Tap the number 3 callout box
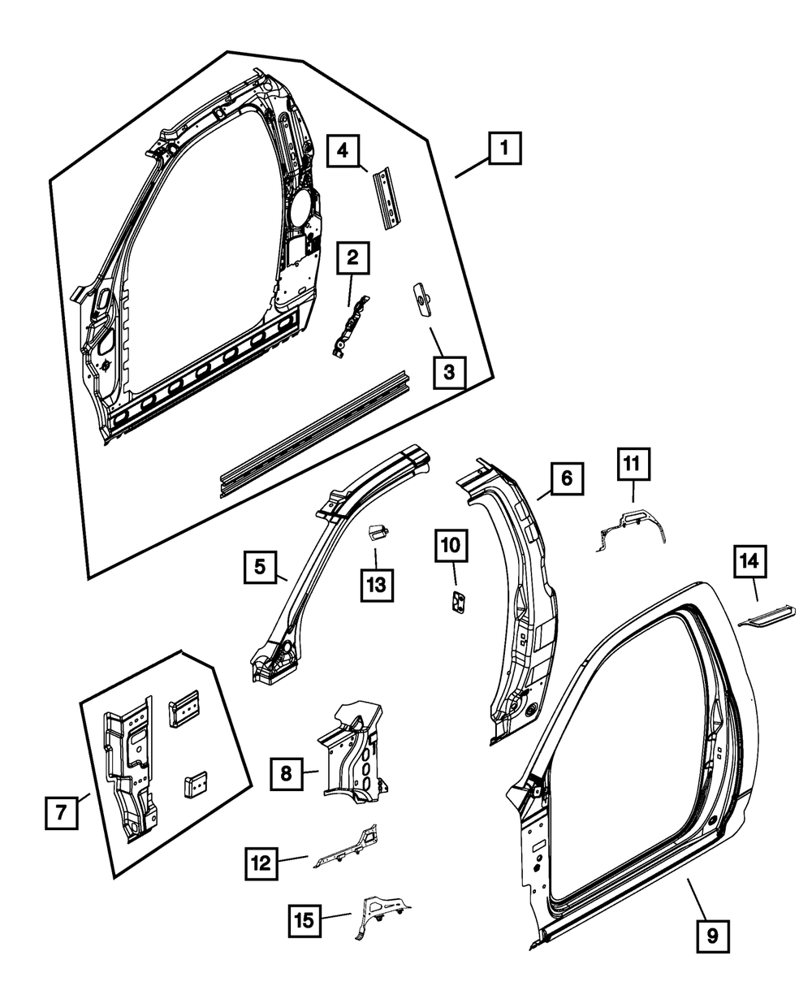(x=449, y=373)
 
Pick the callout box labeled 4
(x=343, y=151)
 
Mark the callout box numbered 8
(x=286, y=774)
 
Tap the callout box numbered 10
(x=451, y=546)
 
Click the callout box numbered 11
(x=633, y=465)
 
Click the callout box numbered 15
(x=304, y=919)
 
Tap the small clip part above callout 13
(x=375, y=532)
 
